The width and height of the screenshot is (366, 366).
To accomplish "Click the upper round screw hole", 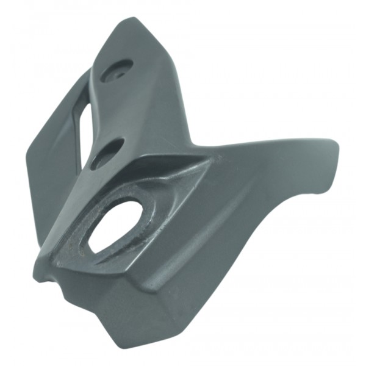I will pyautogui.click(x=117, y=70).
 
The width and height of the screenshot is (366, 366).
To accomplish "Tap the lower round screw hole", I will pyautogui.click(x=108, y=152).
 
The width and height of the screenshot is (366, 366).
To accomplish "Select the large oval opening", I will pyautogui.click(x=116, y=226).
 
